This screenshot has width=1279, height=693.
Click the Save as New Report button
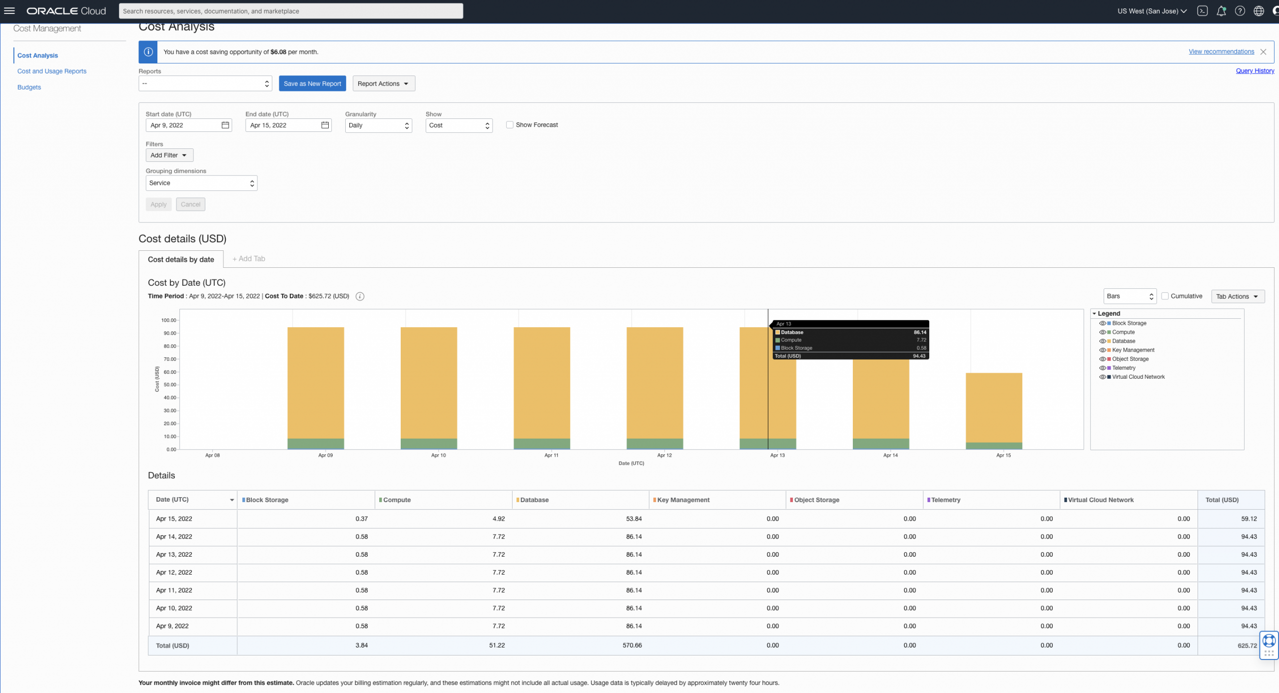coord(312,83)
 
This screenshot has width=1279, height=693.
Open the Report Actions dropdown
coord(383,83)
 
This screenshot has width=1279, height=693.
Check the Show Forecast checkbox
coord(510,125)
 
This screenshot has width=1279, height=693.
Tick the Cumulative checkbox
coord(1165,296)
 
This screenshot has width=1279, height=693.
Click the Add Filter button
coord(169,155)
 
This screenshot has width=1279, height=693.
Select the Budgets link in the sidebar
coord(29,87)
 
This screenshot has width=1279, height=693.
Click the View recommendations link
coord(1221,51)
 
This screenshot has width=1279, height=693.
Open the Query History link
coord(1255,71)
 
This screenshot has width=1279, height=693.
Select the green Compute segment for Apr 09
coord(315,444)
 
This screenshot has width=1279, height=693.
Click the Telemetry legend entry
coord(1124,368)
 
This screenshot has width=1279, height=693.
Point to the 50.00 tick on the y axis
coord(170,385)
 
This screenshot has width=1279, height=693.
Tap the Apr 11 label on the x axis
coord(551,455)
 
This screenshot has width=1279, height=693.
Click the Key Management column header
coord(683,500)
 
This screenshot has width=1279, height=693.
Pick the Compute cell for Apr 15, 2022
coord(498,519)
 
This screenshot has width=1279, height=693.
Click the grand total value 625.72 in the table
coord(1247,646)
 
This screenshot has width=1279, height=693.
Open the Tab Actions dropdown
coord(1238,297)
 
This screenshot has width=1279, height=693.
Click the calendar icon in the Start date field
coord(225,125)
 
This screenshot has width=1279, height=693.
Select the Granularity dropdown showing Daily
coord(378,125)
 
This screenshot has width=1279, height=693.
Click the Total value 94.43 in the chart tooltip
coord(919,356)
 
